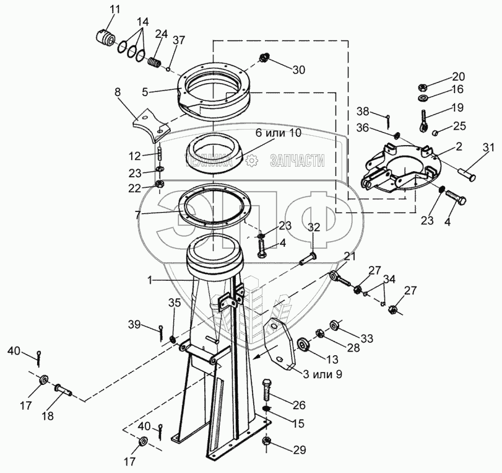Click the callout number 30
coord(298,70)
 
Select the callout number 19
coord(457,107)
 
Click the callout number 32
coord(314,228)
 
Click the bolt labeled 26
coord(268,389)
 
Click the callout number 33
coord(367,338)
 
